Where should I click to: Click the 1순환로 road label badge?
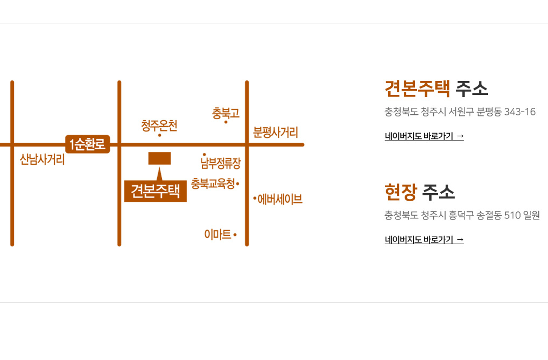(x=87, y=144)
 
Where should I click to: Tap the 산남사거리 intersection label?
(x=42, y=159)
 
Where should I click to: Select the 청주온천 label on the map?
(x=159, y=126)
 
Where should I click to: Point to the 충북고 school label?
(x=226, y=113)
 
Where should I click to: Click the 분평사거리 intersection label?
(x=276, y=132)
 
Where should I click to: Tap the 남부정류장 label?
(x=221, y=162)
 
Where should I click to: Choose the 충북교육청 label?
(x=213, y=183)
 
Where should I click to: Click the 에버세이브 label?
(x=280, y=200)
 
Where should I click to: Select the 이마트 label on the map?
(x=218, y=234)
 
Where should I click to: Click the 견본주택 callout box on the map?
(x=155, y=191)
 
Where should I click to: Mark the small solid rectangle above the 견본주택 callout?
(x=159, y=158)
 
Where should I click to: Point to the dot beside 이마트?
(x=235, y=234)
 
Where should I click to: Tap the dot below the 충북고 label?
(x=226, y=122)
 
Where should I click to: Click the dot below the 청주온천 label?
(x=159, y=135)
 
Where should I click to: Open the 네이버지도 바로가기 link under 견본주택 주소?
(x=424, y=136)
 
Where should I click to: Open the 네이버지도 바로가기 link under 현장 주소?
(x=424, y=240)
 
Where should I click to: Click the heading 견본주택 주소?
(x=436, y=88)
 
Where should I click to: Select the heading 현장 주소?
(x=419, y=192)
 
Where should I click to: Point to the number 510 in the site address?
(x=513, y=216)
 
